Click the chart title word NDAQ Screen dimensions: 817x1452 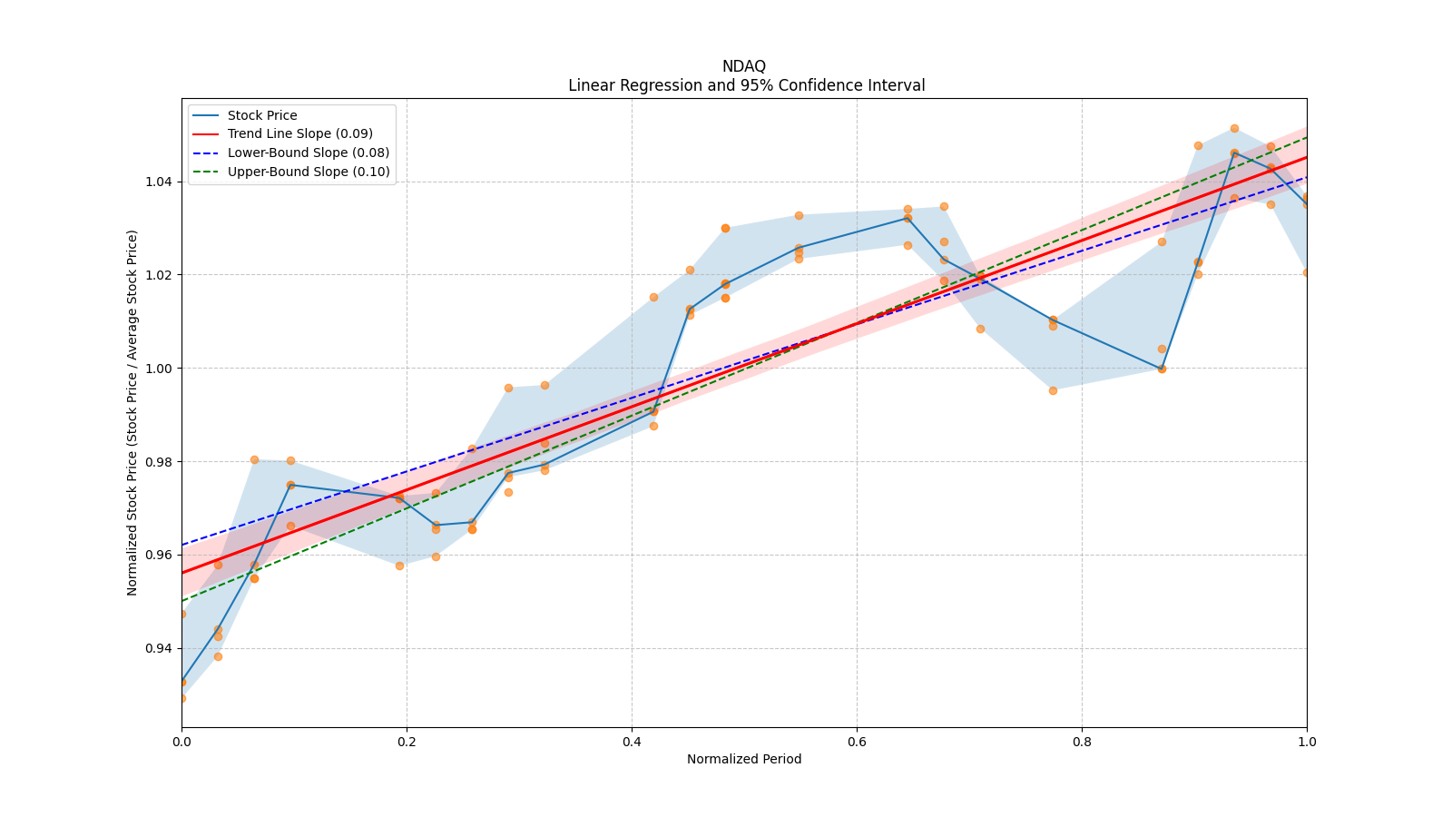pyautogui.click(x=743, y=66)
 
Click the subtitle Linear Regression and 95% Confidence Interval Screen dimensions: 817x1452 pyautogui.click(x=746, y=85)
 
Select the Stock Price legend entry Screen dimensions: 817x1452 pyautogui.click(x=262, y=115)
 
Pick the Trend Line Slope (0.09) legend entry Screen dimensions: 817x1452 pyautogui.click(x=299, y=133)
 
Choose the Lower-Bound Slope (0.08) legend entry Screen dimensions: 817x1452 pyautogui.click(x=308, y=153)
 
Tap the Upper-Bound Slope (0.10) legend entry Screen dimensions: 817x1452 pyautogui.click(x=309, y=172)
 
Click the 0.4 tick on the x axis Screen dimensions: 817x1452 pyautogui.click(x=632, y=742)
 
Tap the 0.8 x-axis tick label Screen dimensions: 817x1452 pyautogui.click(x=1082, y=742)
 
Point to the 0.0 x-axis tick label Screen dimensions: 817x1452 pyautogui.click(x=181, y=742)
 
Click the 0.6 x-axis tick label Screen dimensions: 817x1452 pyautogui.click(x=857, y=742)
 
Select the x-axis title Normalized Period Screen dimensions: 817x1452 pyautogui.click(x=744, y=759)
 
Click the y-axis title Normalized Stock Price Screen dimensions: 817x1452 pyautogui.click(x=132, y=412)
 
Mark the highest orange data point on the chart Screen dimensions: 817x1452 pyautogui.click(x=1234, y=129)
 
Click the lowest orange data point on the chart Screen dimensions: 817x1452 pyautogui.click(x=181, y=698)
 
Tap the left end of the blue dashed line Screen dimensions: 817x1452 pyautogui.click(x=182, y=545)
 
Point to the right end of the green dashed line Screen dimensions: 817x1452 pyautogui.click(x=1306, y=137)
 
